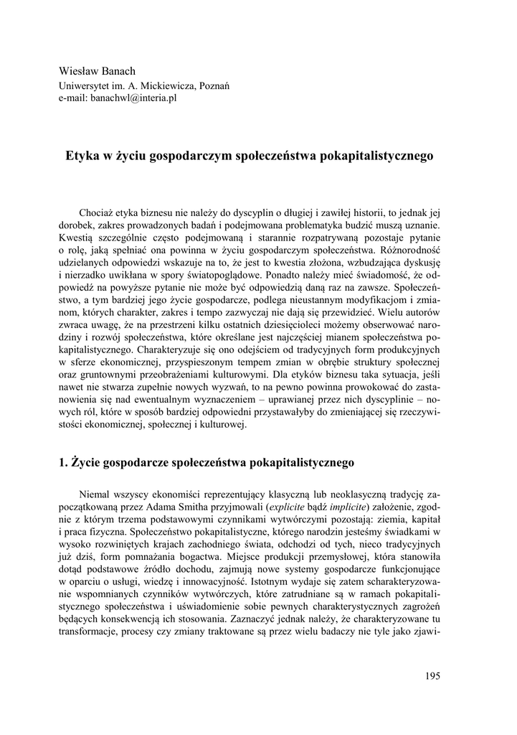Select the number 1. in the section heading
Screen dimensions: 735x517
[x=62, y=463]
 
